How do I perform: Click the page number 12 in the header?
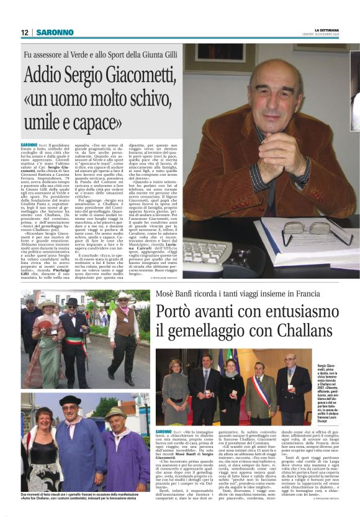tap(24, 32)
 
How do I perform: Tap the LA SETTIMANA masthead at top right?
tap(328, 30)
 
